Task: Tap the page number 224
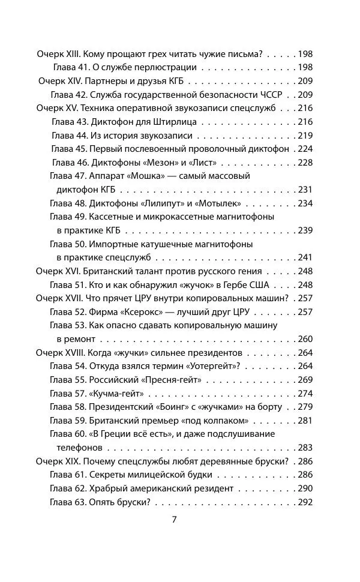tap(305, 148)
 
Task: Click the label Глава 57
tap(67, 394)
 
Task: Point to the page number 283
tap(305, 448)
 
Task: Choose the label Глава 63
tap(67, 502)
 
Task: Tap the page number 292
tap(305, 502)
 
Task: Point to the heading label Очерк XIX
tap(58, 461)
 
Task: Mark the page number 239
tap(305, 230)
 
